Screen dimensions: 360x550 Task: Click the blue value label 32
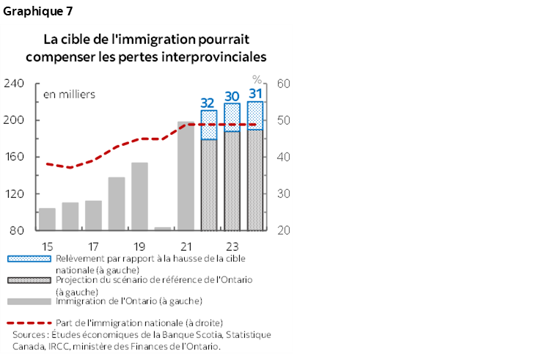coord(208,103)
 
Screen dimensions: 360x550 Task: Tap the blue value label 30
coord(232,96)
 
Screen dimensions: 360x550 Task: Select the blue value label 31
coord(255,94)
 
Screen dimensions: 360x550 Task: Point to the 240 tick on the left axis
coord(15,84)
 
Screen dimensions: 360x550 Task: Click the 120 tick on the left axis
coord(15,194)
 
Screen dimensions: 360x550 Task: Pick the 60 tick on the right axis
coord(284,84)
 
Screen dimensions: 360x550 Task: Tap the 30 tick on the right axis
coord(284,194)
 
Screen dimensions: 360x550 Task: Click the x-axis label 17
coord(93,246)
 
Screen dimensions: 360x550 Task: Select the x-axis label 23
coord(232,246)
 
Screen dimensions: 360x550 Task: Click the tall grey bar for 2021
coord(186,176)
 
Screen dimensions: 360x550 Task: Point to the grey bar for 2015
coord(47,219)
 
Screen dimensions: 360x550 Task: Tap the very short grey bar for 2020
coord(163,229)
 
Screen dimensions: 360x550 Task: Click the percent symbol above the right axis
coord(257,79)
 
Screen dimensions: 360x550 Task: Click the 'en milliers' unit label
coord(69,95)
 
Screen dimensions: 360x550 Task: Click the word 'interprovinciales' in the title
coord(217,56)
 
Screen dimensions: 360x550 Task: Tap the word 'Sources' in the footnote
coord(30,335)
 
